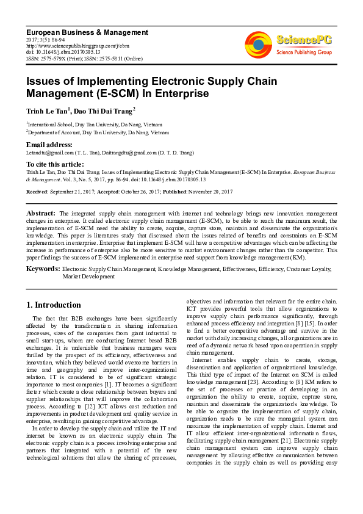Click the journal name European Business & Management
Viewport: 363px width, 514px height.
click(x=87, y=32)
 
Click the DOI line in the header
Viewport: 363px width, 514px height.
click(x=63, y=52)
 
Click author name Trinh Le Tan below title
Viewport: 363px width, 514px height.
click(x=48, y=110)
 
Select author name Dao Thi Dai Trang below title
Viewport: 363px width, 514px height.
click(x=104, y=110)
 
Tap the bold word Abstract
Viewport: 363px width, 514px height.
click(x=41, y=212)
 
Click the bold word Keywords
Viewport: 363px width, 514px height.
click(x=43, y=269)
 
